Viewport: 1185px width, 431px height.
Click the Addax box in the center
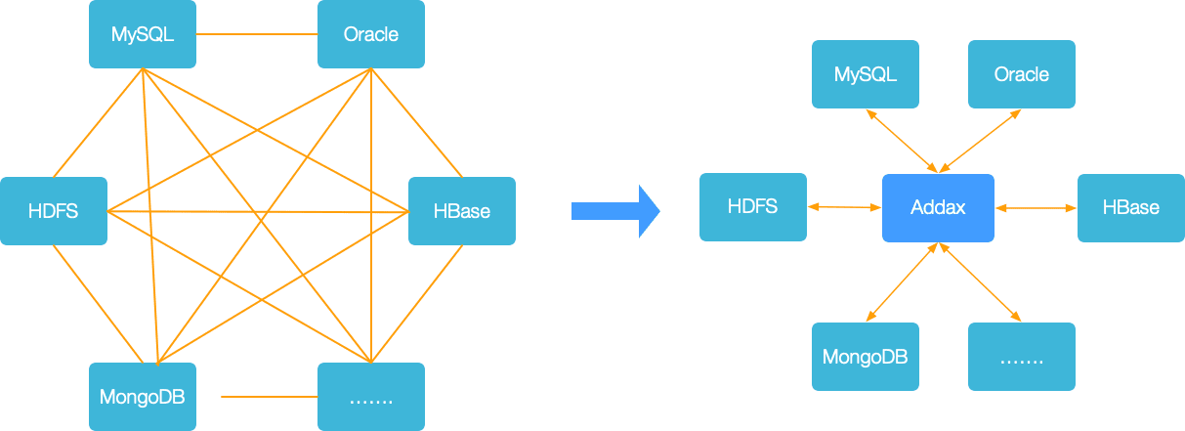click(x=938, y=208)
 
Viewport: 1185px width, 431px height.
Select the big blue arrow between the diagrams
click(x=615, y=211)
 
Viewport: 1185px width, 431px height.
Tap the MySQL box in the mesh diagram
click(x=143, y=34)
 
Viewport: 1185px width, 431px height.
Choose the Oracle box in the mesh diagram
click(x=371, y=34)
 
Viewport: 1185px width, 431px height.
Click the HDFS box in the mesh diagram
click(x=54, y=211)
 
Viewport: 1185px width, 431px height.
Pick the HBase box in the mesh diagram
click(x=462, y=211)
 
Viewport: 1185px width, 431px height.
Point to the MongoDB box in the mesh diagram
click(x=143, y=397)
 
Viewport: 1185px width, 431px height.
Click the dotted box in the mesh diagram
click(x=371, y=397)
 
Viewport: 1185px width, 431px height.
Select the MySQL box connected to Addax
click(x=866, y=74)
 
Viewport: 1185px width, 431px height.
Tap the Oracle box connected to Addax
click(x=1022, y=74)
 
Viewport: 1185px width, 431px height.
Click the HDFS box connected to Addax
click(x=753, y=207)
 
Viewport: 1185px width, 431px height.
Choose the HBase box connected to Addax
click(x=1131, y=208)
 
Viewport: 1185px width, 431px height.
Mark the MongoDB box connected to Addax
click(x=866, y=357)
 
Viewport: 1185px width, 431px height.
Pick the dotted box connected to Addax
click(x=1022, y=357)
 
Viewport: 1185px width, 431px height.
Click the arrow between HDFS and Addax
click(x=844, y=207)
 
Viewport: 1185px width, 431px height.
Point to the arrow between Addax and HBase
click(x=1036, y=208)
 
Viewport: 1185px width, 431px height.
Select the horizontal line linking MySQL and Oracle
click(x=257, y=34)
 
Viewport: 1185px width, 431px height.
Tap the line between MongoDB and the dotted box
click(x=269, y=397)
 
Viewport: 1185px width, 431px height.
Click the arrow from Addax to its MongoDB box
click(x=902, y=282)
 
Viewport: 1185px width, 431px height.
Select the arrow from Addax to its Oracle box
click(x=980, y=141)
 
